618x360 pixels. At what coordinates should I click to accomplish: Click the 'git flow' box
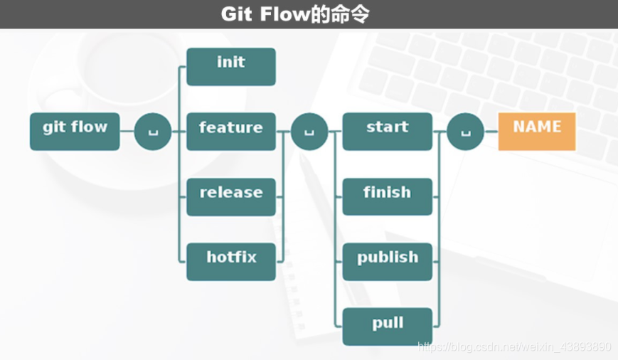point(75,131)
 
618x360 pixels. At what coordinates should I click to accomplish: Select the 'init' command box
point(230,66)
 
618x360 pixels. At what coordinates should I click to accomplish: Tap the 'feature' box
point(230,131)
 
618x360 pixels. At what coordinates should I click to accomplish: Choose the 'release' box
point(230,196)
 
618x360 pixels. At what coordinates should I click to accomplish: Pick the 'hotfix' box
point(230,261)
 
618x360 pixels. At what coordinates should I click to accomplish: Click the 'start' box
point(387,131)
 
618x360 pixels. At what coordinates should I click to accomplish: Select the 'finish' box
point(387,196)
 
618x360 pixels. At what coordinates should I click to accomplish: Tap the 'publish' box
point(387,261)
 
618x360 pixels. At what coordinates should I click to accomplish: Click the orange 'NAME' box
point(537,131)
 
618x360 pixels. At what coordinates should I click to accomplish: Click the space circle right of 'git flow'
point(153,132)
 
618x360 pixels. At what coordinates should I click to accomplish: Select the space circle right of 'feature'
point(309,132)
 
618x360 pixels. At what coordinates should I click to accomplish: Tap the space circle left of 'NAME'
point(466,132)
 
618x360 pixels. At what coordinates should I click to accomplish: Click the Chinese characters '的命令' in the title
point(341,14)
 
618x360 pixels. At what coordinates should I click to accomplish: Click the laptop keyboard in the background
point(512,71)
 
